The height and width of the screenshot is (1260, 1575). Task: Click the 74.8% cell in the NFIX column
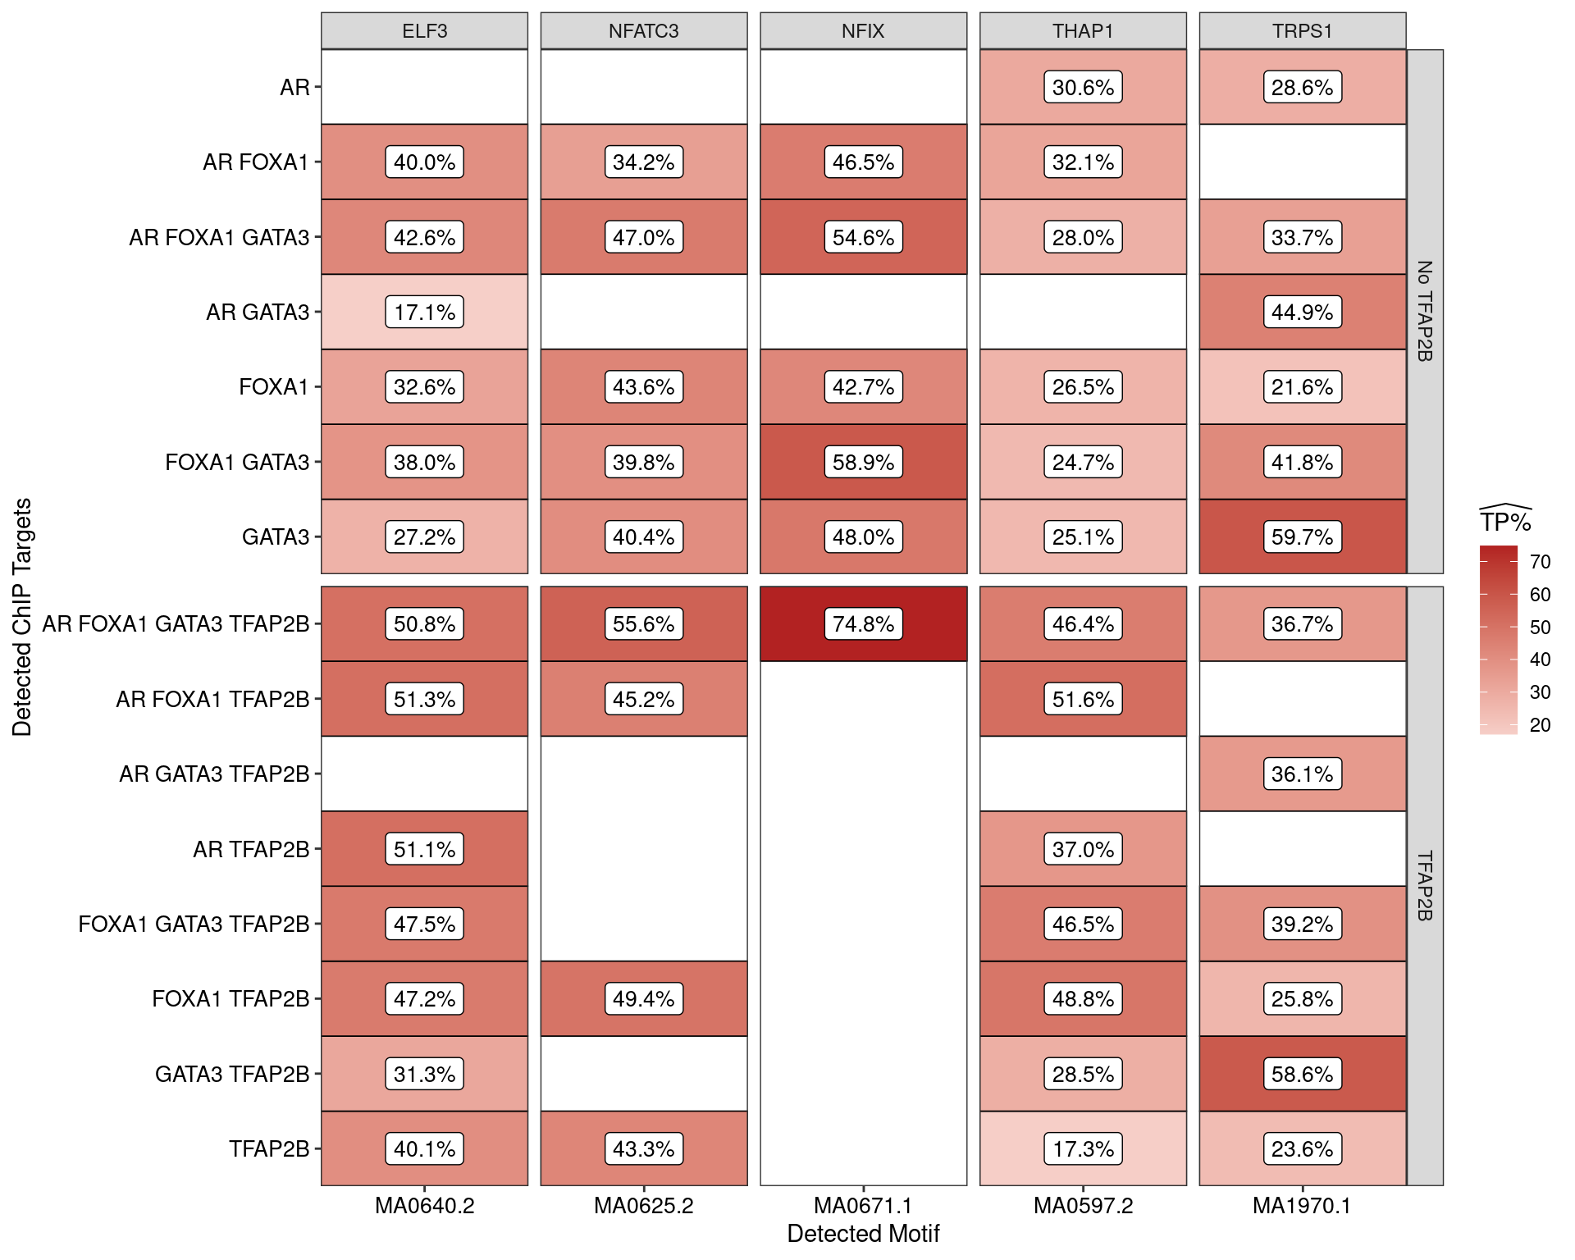pyautogui.click(x=863, y=623)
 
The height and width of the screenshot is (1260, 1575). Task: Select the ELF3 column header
pyautogui.click(x=424, y=31)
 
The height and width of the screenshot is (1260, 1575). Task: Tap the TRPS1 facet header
pyautogui.click(x=1302, y=31)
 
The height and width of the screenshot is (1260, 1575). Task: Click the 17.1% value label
pyautogui.click(x=424, y=312)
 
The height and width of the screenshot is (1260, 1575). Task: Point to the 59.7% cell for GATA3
pyautogui.click(x=1302, y=536)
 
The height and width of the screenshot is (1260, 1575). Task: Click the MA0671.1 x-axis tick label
pyautogui.click(x=863, y=1206)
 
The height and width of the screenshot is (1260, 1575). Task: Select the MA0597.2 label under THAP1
pyautogui.click(x=1083, y=1206)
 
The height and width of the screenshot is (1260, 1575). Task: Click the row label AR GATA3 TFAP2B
pyautogui.click(x=214, y=774)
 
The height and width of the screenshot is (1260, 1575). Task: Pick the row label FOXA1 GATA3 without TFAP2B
pyautogui.click(x=237, y=462)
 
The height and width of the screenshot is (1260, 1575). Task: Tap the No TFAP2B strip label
pyautogui.click(x=1425, y=311)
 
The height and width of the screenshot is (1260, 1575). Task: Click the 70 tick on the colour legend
pyautogui.click(x=1540, y=562)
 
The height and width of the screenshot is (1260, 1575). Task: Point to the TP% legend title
pyautogui.click(x=1505, y=522)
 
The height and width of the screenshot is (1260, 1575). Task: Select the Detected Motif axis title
pyautogui.click(x=863, y=1234)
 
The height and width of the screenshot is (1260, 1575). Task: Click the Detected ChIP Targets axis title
pyautogui.click(x=22, y=617)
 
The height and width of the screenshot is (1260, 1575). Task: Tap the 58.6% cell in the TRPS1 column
pyautogui.click(x=1302, y=1074)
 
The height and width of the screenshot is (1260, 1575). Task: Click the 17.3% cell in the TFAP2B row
pyautogui.click(x=1083, y=1148)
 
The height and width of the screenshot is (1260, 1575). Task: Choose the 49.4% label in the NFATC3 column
pyautogui.click(x=644, y=998)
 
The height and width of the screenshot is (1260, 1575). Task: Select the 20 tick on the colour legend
pyautogui.click(x=1540, y=725)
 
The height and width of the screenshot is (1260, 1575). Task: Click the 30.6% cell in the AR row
pyautogui.click(x=1083, y=87)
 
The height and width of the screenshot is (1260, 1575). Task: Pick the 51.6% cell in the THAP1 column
pyautogui.click(x=1083, y=699)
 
